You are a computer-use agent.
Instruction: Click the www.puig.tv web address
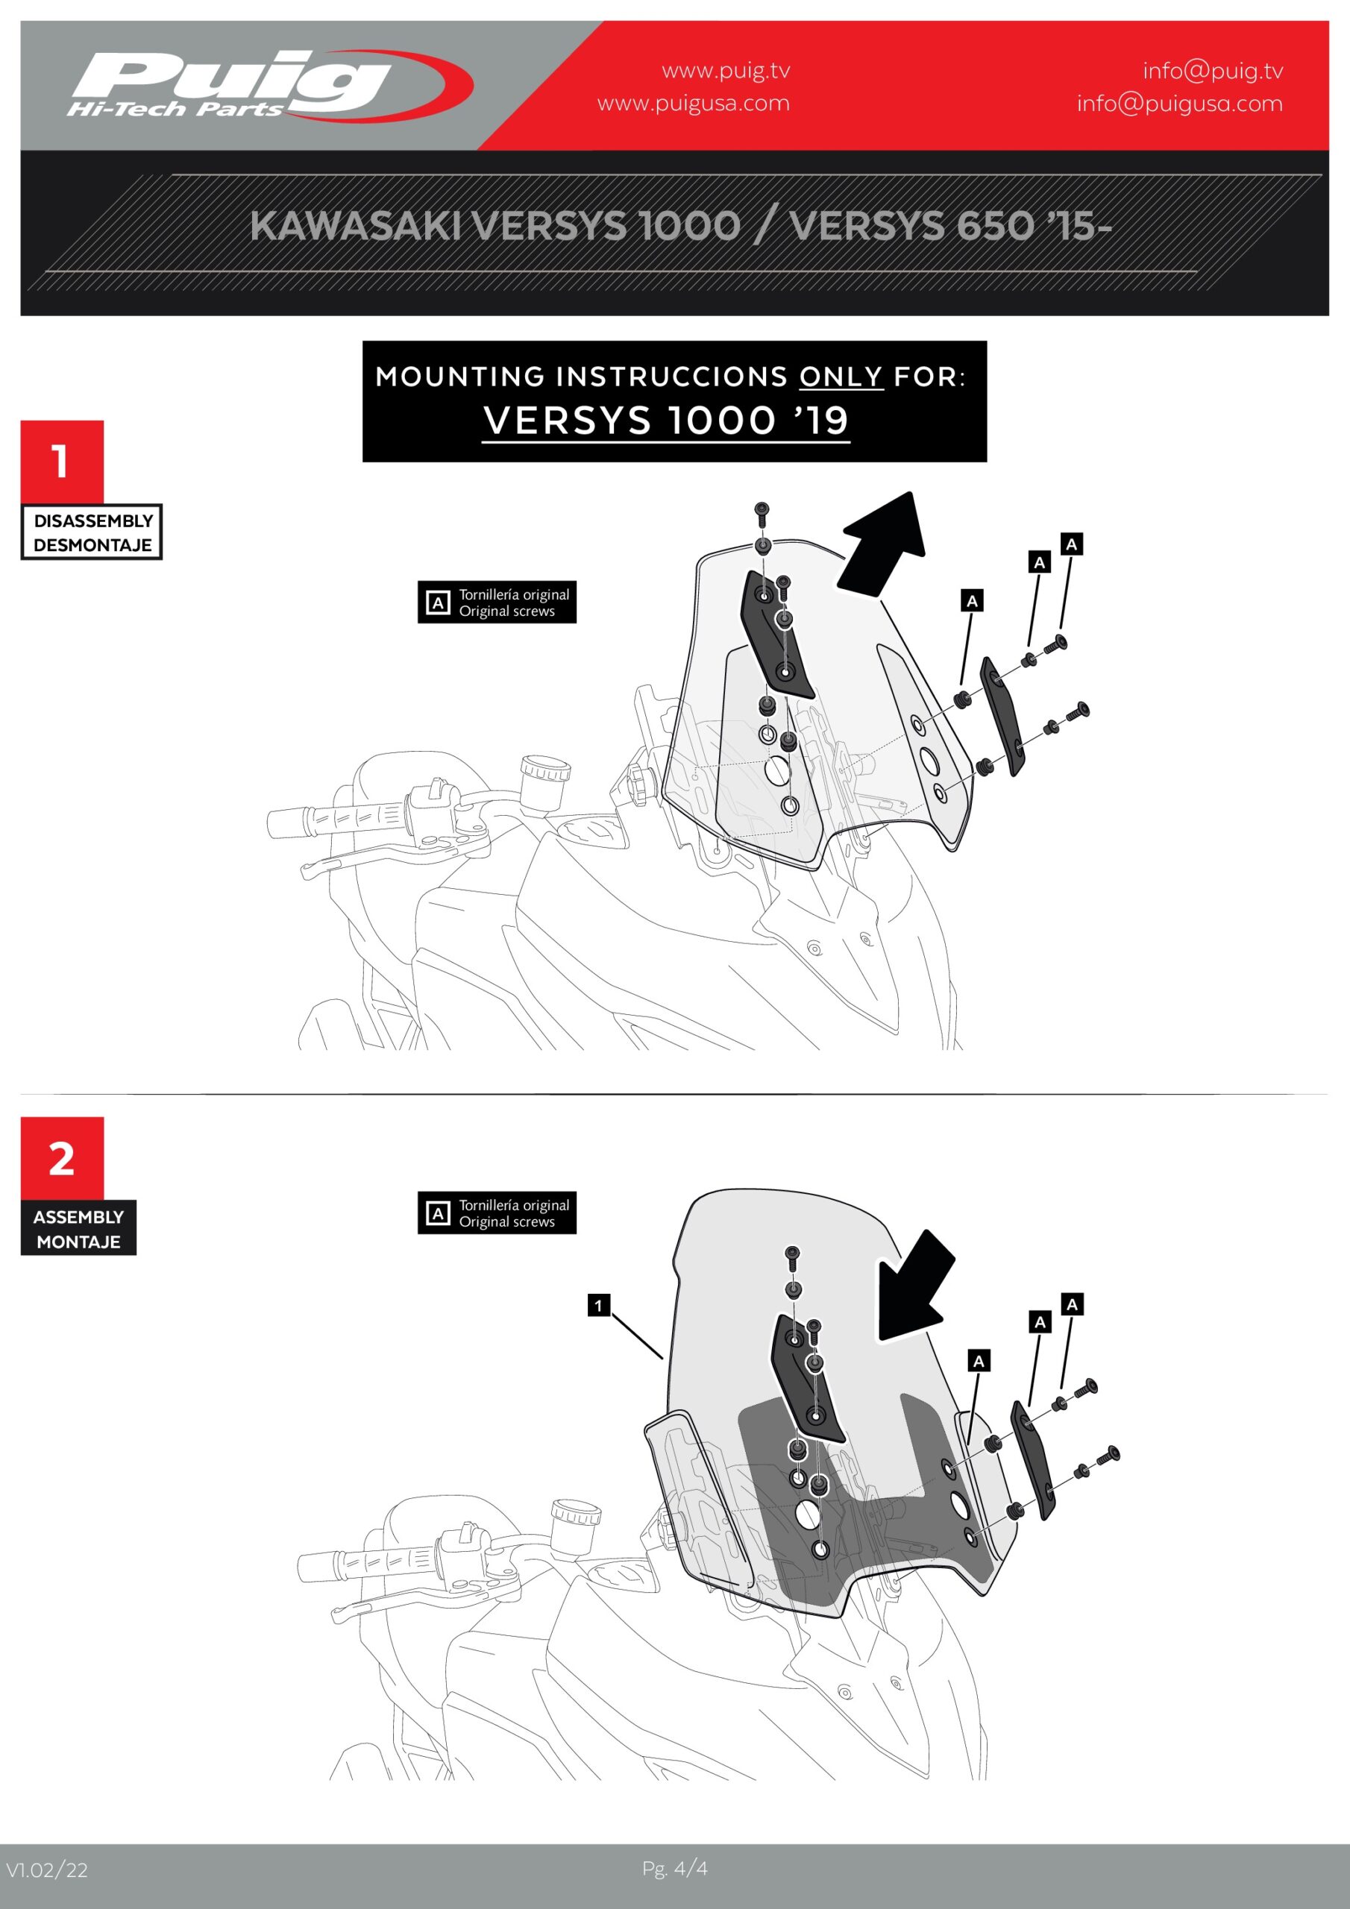point(725,71)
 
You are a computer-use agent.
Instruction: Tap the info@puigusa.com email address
point(1179,104)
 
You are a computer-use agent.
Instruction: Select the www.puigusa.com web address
point(694,104)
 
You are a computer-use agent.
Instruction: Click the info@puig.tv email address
point(1213,71)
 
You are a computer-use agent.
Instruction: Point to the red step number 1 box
point(63,462)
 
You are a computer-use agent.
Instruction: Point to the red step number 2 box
point(63,1158)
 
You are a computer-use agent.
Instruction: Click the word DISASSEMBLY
point(93,521)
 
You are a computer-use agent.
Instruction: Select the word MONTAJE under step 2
point(78,1242)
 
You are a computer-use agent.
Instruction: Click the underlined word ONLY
point(841,377)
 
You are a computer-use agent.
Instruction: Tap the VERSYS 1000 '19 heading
point(665,421)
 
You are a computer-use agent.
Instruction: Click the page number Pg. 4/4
point(674,1868)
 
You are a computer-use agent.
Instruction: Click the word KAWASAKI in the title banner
point(356,225)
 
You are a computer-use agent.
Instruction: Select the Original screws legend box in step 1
point(497,602)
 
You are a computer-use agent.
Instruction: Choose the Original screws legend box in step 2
point(497,1213)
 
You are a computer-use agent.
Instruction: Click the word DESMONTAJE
point(93,545)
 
